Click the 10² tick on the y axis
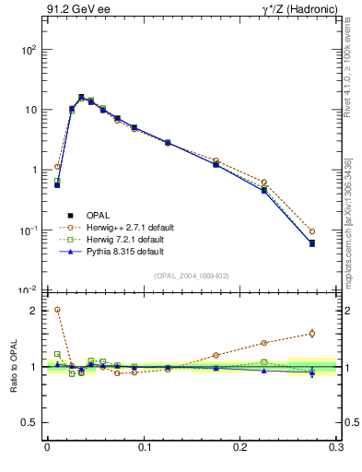point(28,50)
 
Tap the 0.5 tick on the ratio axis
point(29,422)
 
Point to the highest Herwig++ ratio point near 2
point(57,310)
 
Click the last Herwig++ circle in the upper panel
point(312,231)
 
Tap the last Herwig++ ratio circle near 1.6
point(312,334)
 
